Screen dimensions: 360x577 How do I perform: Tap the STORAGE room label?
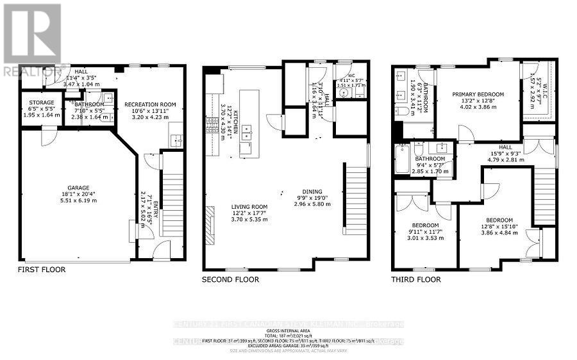tap(40, 102)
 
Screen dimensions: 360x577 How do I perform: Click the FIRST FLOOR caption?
tap(42, 270)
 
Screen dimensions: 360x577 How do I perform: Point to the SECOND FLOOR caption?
tap(230, 279)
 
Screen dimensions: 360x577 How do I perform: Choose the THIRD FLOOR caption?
tap(416, 279)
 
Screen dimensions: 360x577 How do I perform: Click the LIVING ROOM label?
tap(231, 206)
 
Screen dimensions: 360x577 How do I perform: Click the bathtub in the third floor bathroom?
tap(401, 160)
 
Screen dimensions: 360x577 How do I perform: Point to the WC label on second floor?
tap(351, 74)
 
